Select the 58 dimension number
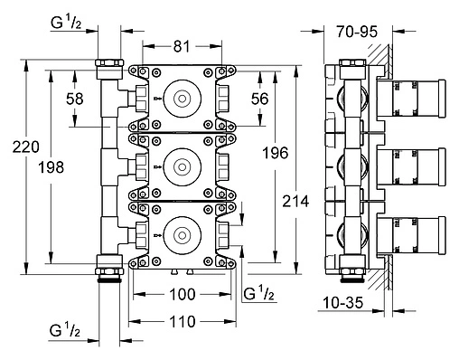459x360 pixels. pyautogui.click(x=75, y=98)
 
